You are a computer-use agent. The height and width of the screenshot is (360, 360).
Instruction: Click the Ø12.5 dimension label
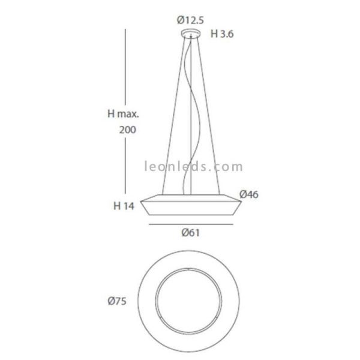[x=190, y=20]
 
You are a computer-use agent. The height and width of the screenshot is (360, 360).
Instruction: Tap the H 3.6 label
[x=222, y=34]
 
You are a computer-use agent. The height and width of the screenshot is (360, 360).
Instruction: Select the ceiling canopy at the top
[x=191, y=34]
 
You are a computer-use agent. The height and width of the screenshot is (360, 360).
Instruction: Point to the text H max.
[x=123, y=113]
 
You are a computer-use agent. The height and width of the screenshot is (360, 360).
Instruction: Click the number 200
[x=128, y=130]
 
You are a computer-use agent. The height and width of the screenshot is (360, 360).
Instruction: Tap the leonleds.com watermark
[x=193, y=166]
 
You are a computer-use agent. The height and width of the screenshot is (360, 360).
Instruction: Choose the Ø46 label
[x=249, y=194]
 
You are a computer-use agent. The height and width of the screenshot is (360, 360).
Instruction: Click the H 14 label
[x=124, y=206]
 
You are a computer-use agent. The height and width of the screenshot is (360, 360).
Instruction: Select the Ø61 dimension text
[x=191, y=233]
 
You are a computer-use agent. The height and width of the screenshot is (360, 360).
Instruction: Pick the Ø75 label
[x=117, y=301]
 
